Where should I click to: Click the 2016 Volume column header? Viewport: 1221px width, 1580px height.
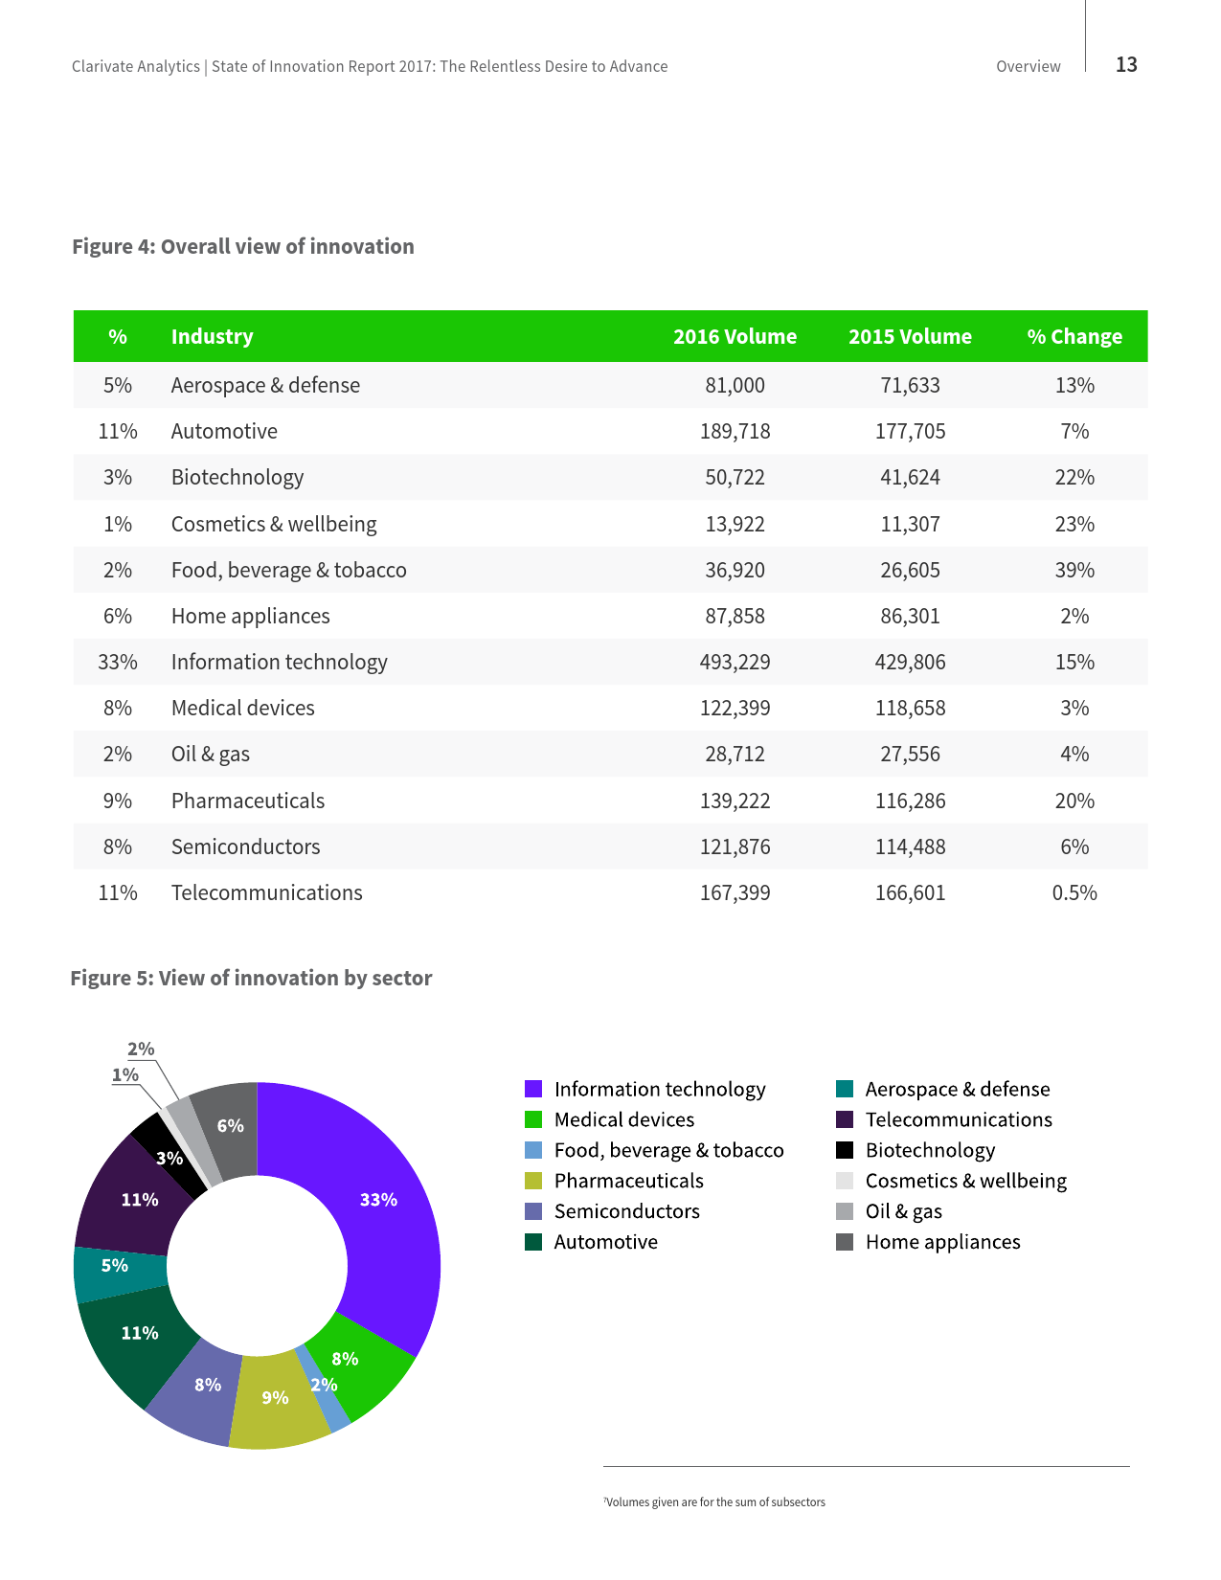(735, 337)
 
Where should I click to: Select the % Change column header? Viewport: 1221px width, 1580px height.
(1074, 337)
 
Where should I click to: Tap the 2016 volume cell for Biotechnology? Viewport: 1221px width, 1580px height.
(735, 478)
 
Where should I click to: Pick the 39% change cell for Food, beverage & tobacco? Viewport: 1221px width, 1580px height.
(1074, 571)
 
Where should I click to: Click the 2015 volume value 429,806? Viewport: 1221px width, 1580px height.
(910, 663)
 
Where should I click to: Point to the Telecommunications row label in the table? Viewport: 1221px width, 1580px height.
(266, 893)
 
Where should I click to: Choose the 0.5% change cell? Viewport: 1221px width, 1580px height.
(1074, 893)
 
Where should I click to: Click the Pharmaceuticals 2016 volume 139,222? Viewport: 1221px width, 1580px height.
(735, 801)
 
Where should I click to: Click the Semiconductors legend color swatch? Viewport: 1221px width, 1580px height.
(533, 1211)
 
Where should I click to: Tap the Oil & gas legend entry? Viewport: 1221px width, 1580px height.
(903, 1211)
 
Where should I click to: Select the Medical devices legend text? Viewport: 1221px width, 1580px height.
(623, 1119)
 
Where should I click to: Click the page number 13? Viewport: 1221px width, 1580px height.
(1126, 64)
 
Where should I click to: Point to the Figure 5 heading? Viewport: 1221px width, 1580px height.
(251, 978)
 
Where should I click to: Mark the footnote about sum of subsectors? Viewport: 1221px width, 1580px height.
(714, 1501)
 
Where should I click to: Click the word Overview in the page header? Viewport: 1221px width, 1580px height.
(1028, 67)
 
